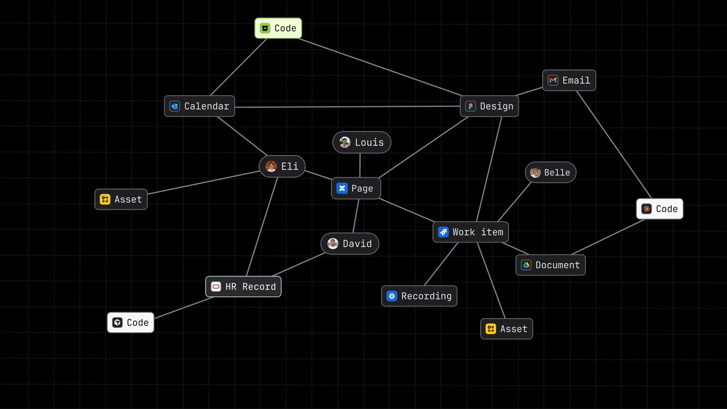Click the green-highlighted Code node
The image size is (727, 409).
click(278, 28)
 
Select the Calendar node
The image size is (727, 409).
click(199, 106)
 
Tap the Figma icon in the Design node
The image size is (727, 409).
click(470, 106)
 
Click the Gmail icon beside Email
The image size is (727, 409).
click(553, 80)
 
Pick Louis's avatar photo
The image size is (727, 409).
click(345, 142)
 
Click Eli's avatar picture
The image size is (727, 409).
click(271, 166)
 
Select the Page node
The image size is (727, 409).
click(356, 188)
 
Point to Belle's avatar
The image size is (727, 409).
click(535, 173)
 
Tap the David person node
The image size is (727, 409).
click(349, 244)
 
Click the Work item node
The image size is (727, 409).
click(471, 232)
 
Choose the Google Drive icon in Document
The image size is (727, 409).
click(526, 265)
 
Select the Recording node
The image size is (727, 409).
click(419, 296)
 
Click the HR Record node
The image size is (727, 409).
click(243, 287)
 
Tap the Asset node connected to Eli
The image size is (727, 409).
click(121, 199)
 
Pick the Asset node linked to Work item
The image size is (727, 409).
click(507, 329)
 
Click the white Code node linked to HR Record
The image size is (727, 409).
click(131, 323)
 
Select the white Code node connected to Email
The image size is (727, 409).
click(660, 209)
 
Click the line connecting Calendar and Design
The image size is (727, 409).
click(347, 107)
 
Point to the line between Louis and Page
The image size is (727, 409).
click(360, 165)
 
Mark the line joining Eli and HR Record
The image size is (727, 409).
click(262, 227)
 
